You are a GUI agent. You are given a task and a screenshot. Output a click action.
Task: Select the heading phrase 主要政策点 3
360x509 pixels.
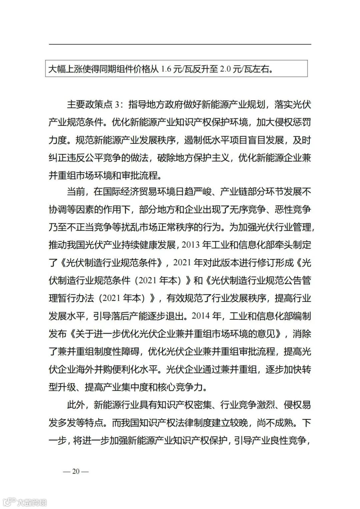pyautogui.click(x=93, y=105)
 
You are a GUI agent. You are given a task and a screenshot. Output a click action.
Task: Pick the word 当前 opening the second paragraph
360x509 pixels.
pyautogui.click(x=76, y=192)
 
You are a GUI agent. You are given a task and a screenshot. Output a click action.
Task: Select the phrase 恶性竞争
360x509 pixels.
pyautogui.click(x=293, y=210)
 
